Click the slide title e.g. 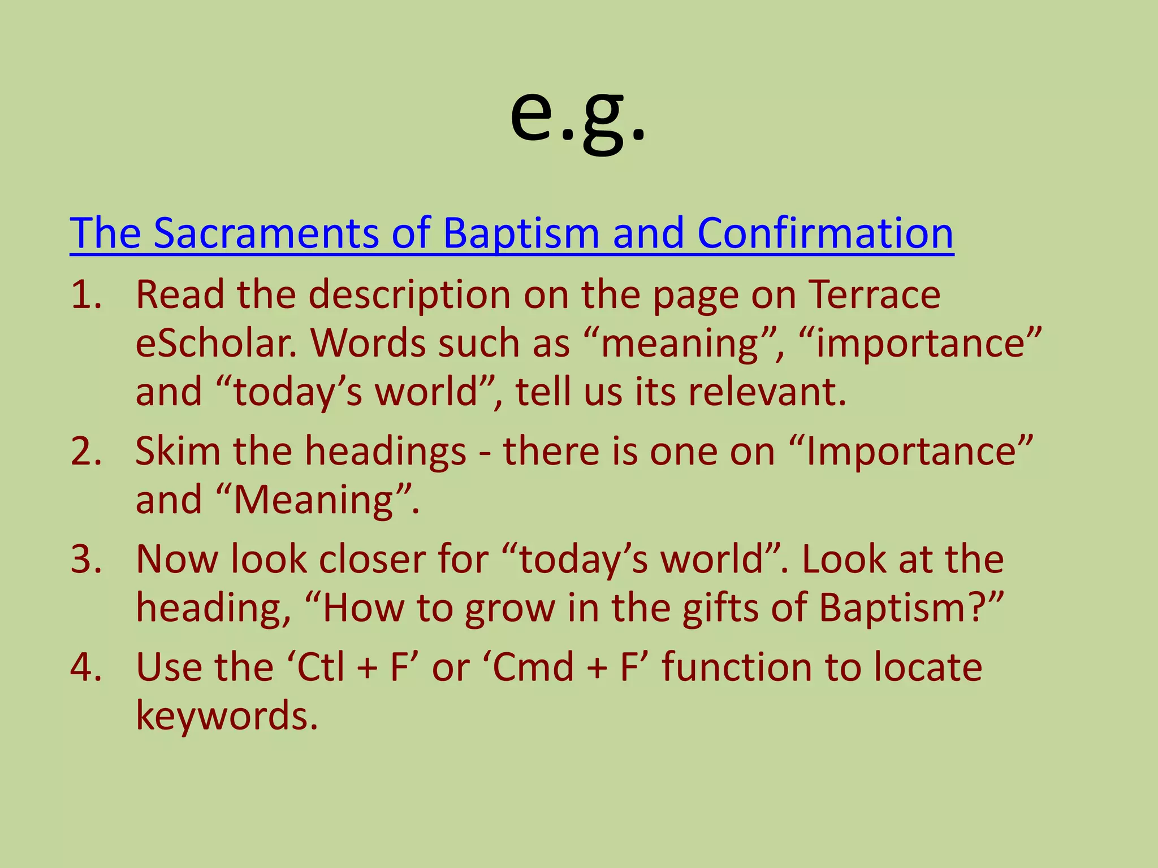point(577,116)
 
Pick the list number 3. point(86,559)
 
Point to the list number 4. point(86,667)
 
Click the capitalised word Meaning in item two point(314,500)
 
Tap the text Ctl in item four point(321,667)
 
